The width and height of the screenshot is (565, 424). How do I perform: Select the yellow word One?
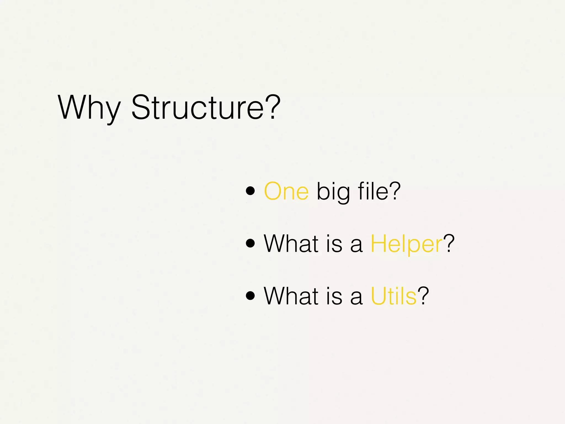[286, 191]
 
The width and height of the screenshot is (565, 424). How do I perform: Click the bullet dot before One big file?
[250, 191]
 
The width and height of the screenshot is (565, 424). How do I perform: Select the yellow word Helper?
[406, 244]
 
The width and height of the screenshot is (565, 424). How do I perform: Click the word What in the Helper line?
[291, 243]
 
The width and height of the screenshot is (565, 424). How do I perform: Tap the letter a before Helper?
[356, 246]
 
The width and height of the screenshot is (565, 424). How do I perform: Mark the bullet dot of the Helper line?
[250, 243]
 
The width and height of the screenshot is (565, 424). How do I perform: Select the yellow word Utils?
[393, 296]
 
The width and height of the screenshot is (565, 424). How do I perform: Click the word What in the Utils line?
[291, 296]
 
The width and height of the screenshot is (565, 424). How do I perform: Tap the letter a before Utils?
[356, 298]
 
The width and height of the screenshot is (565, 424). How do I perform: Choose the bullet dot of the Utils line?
[250, 295]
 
